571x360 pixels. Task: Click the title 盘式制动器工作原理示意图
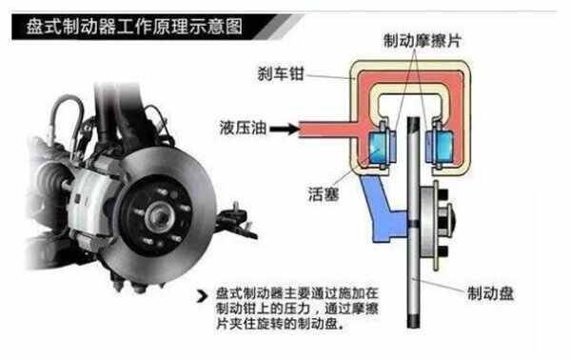[134, 27]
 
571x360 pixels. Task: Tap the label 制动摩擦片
[422, 41]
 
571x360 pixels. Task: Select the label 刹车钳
[281, 74]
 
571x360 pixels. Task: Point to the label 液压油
[243, 128]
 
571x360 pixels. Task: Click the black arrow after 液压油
[285, 129]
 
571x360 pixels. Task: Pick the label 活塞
[324, 194]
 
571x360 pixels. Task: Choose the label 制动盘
[490, 293]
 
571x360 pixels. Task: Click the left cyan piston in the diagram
[379, 147]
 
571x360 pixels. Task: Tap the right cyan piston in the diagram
[443, 147]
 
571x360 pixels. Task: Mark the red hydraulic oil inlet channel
[325, 130]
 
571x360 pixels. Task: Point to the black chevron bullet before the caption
[202, 296]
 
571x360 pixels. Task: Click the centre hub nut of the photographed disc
[159, 217]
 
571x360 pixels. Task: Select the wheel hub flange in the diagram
[435, 225]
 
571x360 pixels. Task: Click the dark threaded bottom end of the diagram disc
[414, 322]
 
